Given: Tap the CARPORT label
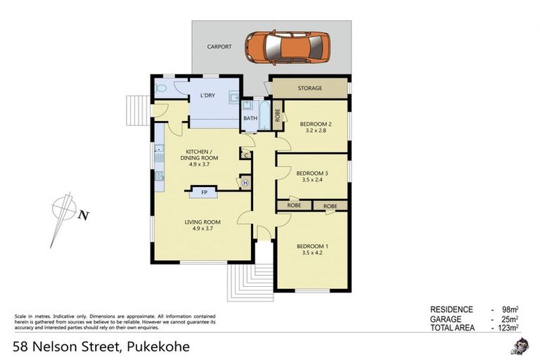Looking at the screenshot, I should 219,47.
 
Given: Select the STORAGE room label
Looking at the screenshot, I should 309,89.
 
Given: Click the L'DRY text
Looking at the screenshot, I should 207,95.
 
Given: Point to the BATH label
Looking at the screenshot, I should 250,118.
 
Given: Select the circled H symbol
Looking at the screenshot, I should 245,183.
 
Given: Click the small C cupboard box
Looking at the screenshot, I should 245,155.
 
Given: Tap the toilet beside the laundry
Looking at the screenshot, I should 162,89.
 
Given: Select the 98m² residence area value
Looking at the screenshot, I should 509,309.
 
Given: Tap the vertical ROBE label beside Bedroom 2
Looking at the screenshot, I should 278,115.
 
